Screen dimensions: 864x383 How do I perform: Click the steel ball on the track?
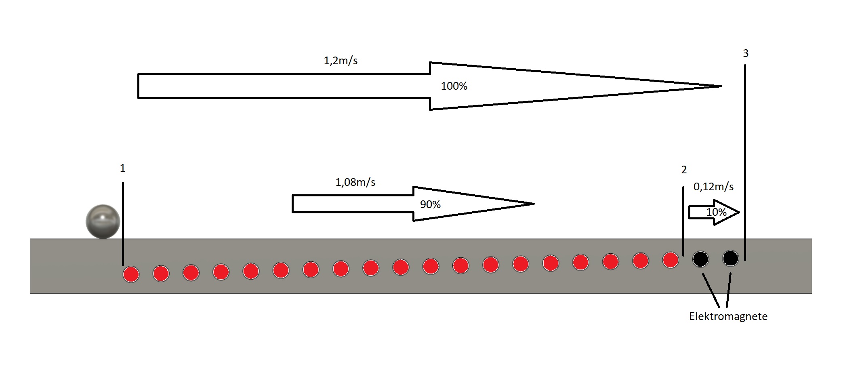click(103, 221)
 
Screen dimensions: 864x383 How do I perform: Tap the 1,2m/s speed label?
click(341, 61)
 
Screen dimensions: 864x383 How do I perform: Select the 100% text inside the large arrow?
click(454, 86)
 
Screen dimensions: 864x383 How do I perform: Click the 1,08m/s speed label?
click(355, 182)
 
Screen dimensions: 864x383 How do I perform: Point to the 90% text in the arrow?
click(430, 204)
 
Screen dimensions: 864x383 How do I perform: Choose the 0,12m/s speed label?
click(714, 187)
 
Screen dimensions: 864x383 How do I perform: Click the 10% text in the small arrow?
click(717, 212)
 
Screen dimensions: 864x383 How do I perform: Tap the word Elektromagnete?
click(728, 316)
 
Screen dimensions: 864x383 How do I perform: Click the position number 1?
click(123, 168)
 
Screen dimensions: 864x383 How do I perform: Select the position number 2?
click(684, 170)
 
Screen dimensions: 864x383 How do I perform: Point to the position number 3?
click(746, 53)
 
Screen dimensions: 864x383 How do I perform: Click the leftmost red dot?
click(131, 274)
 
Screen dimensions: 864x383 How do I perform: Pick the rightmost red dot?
click(671, 260)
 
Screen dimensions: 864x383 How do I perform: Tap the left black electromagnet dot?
click(700, 259)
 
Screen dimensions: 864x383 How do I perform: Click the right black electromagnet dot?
click(730, 258)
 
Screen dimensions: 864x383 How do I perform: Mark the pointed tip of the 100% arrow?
click(721, 86)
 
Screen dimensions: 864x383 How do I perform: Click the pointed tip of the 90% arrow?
click(534, 204)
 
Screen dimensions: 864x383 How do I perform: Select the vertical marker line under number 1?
click(123, 224)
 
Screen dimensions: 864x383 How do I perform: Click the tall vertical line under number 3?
click(745, 162)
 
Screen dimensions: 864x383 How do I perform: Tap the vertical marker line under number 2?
click(683, 221)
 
